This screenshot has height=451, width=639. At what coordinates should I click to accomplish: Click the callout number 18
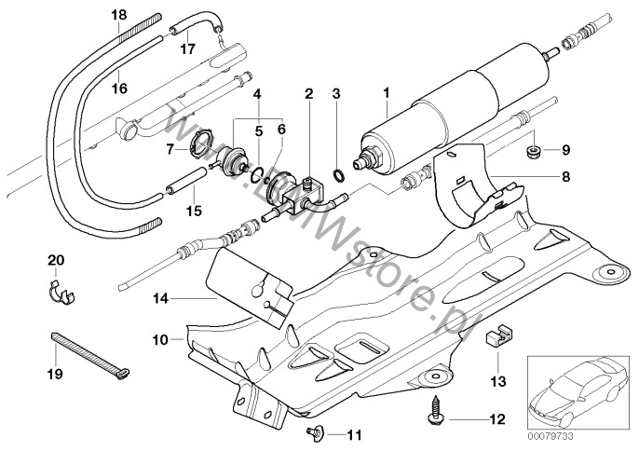tap(116, 15)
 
